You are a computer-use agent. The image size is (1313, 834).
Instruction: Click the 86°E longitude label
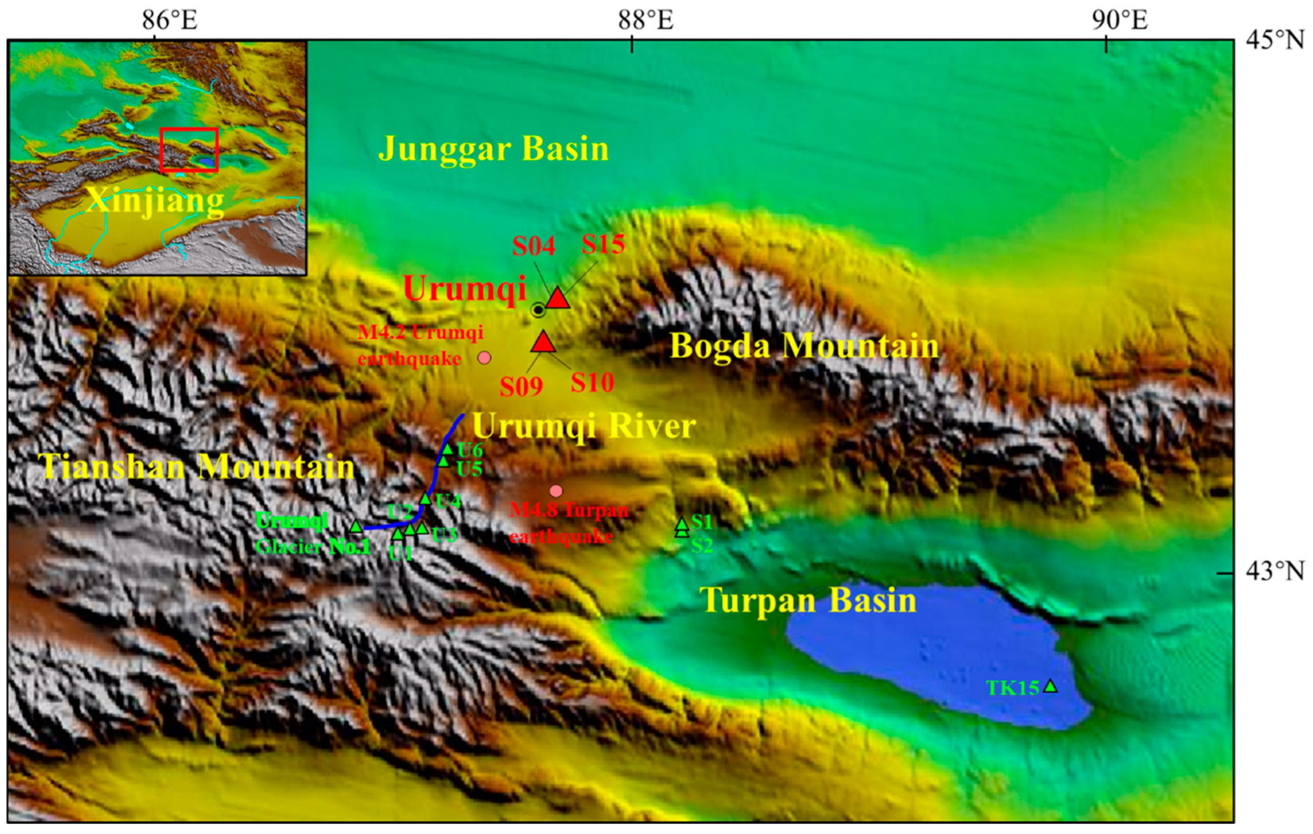(170, 21)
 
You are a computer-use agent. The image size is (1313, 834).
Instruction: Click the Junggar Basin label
(493, 148)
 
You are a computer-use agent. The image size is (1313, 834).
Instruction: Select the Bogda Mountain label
(804, 346)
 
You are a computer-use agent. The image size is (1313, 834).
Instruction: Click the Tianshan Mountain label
(198, 467)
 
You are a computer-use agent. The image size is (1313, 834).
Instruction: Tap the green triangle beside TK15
(1050, 686)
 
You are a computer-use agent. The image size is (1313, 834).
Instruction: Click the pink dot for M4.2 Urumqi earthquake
(484, 358)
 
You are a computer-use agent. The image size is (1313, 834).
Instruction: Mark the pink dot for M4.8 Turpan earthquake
(555, 491)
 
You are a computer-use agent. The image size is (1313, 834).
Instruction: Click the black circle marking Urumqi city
(538, 310)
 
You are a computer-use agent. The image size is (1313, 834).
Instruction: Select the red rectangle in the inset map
(189, 149)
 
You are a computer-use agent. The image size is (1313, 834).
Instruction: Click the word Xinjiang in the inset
(155, 201)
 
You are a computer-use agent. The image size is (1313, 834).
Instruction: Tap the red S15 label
(603, 244)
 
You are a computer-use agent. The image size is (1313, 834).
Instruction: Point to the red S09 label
(521, 387)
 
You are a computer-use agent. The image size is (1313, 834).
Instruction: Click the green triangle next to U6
(447, 450)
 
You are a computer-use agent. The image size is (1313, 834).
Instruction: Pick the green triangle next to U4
(425, 499)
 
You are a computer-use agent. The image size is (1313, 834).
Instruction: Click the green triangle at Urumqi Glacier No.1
(356, 527)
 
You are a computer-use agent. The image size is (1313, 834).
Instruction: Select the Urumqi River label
(583, 426)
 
